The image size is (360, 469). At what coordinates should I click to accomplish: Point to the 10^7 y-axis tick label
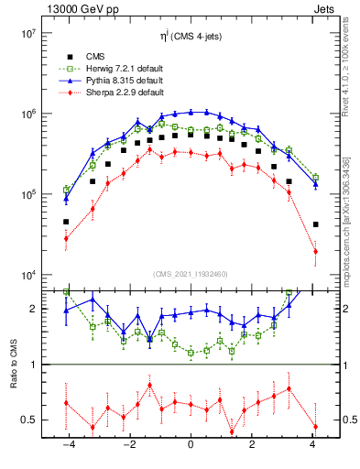[x=26, y=34]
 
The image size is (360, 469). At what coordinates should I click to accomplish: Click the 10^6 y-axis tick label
[x=26, y=115]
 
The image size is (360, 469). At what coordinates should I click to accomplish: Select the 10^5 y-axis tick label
[x=26, y=195]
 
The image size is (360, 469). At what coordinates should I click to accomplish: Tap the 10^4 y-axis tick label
[x=26, y=276]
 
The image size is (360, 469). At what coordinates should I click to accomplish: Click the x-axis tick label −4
[x=67, y=444]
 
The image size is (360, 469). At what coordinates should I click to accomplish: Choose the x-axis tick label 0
[x=191, y=444]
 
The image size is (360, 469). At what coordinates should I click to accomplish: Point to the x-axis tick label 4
[x=313, y=444]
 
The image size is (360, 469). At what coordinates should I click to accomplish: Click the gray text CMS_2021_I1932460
[x=191, y=274]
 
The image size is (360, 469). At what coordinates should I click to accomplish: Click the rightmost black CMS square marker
[x=315, y=224]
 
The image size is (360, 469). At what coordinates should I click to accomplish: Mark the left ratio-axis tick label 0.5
[x=31, y=420]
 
